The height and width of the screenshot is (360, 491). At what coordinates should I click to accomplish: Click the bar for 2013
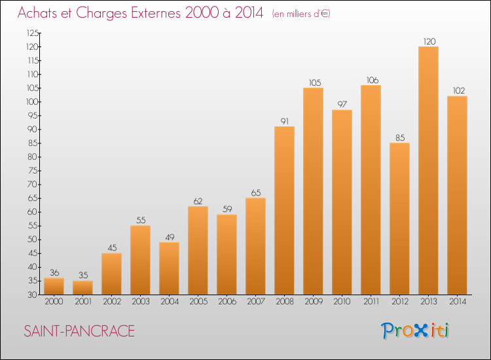click(428, 171)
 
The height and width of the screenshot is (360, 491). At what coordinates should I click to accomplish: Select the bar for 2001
click(82, 288)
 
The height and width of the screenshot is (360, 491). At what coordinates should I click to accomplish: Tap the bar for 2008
click(284, 210)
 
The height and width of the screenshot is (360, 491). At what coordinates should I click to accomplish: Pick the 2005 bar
click(198, 251)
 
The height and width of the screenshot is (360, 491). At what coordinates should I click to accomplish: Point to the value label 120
click(429, 41)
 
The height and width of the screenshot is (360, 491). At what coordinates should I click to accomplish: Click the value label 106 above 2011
click(373, 80)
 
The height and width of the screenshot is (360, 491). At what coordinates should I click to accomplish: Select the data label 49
click(170, 238)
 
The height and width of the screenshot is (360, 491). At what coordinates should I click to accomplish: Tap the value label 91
click(285, 121)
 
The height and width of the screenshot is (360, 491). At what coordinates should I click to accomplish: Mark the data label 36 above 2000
click(54, 273)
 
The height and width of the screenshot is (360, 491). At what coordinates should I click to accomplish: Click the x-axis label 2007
click(256, 302)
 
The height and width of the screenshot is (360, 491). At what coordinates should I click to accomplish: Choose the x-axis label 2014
click(458, 302)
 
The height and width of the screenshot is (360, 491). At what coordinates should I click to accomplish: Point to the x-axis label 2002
click(112, 302)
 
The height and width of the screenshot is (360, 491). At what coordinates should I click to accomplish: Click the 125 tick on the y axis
click(33, 33)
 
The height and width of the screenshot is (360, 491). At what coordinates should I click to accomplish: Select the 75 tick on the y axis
click(33, 171)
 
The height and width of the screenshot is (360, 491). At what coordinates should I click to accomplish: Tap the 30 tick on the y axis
click(33, 295)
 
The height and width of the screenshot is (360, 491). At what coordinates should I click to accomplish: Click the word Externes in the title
click(156, 12)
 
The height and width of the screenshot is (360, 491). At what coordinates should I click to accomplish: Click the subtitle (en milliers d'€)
click(301, 14)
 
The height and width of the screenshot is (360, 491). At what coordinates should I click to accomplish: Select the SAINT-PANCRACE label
click(79, 331)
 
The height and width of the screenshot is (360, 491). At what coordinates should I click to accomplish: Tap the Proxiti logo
click(415, 331)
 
